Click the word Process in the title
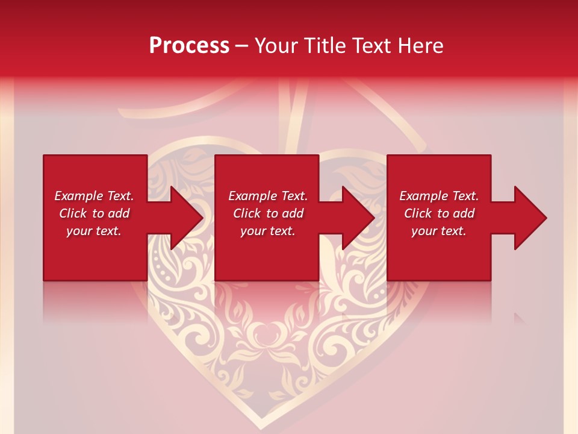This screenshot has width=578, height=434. pyautogui.click(x=189, y=45)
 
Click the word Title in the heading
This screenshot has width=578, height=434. pyautogui.click(x=325, y=45)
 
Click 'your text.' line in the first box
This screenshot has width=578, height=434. pyautogui.click(x=94, y=231)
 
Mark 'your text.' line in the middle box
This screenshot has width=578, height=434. pyautogui.click(x=268, y=231)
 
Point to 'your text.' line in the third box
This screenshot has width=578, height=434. pyautogui.click(x=439, y=231)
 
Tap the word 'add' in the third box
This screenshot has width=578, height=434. pyautogui.click(x=463, y=213)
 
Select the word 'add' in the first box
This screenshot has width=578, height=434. pyautogui.click(x=118, y=213)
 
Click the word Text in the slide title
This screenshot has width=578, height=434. pyautogui.click(x=370, y=45)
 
